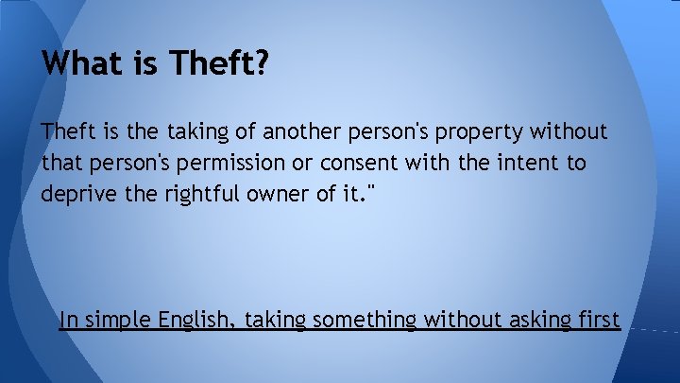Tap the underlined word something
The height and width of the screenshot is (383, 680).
[365, 321]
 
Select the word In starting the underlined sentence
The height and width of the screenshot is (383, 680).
[68, 320]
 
